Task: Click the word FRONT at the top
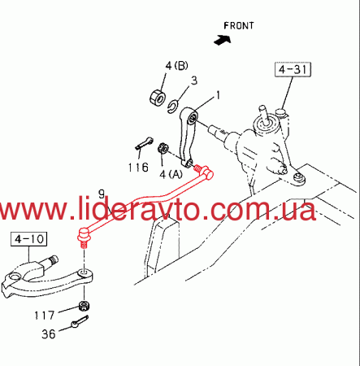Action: point(239,26)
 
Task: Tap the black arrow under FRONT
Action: point(223,40)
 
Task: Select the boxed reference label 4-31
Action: point(293,70)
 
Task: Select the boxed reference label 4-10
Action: point(29,239)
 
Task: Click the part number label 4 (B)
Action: point(176,66)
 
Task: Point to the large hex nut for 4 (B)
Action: point(158,98)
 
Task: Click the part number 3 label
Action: point(194,81)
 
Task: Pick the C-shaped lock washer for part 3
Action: point(172,107)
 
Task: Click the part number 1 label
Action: point(218,95)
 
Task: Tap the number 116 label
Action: point(138,168)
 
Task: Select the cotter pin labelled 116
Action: point(145,143)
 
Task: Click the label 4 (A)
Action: point(171,174)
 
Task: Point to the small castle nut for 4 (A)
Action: point(163,148)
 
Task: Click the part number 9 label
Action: point(102,194)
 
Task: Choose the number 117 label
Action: point(45,316)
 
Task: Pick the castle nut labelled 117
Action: point(85,306)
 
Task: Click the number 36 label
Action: point(49,334)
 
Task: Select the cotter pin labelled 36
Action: point(80,321)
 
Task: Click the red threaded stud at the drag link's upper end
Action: point(197,168)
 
